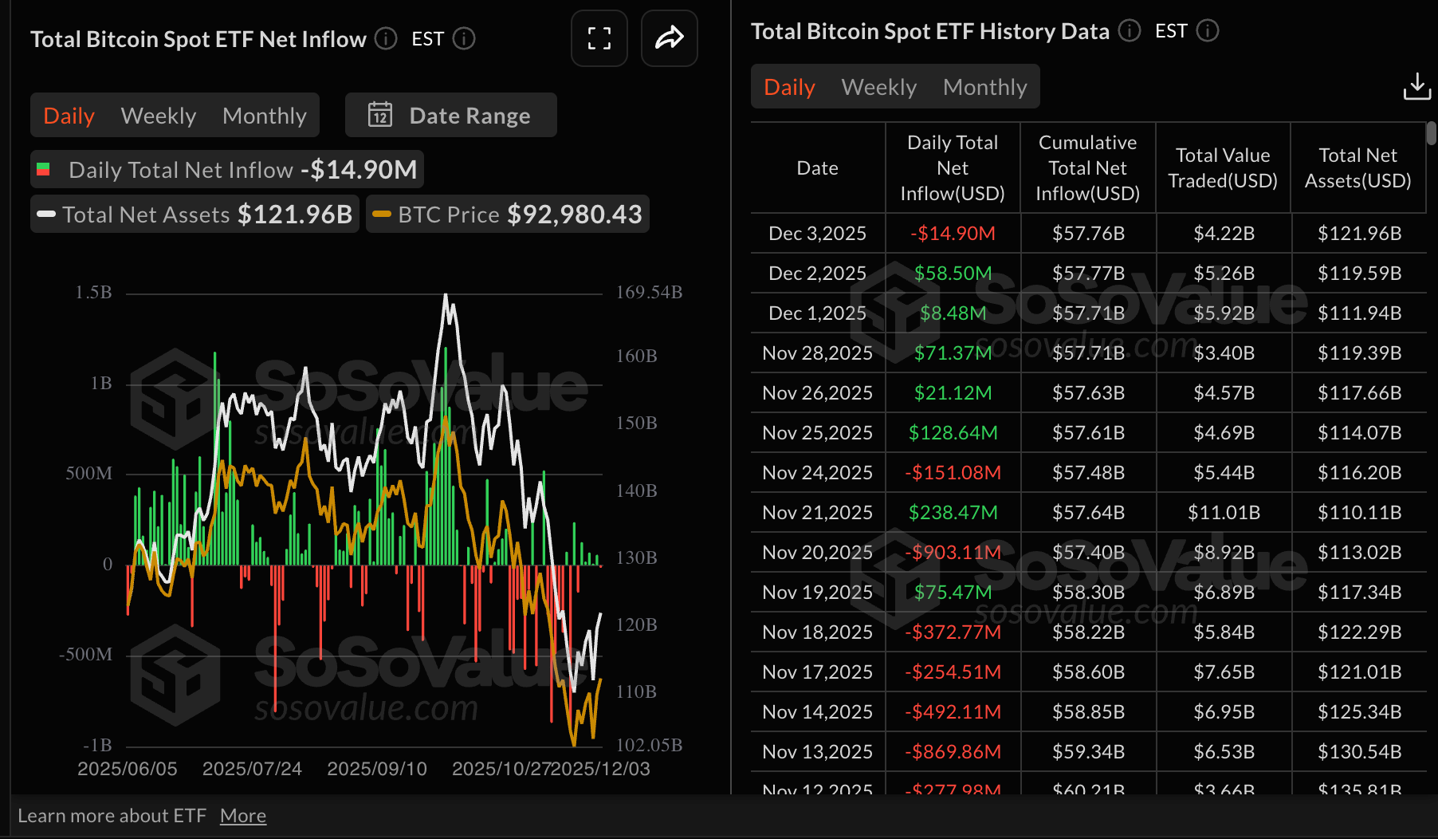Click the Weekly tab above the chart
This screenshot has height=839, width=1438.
158,116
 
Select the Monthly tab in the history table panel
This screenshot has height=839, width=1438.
984,87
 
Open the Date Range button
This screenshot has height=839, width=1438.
450,116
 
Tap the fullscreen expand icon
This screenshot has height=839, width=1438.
599,38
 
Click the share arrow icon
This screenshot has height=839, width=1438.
669,38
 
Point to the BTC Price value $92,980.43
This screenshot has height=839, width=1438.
574,215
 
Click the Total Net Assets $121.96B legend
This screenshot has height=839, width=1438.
195,215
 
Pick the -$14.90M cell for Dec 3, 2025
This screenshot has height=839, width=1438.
953,234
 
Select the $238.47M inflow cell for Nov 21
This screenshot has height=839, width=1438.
953,513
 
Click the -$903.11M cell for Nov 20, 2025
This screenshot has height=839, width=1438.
953,553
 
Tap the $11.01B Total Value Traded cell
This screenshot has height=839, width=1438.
1224,513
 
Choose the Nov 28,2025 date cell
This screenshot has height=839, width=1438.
817,353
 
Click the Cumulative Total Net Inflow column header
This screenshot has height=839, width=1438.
1087,167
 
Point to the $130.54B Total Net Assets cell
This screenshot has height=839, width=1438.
1359,752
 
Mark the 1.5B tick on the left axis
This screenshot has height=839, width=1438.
93,293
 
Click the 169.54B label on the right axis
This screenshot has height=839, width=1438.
649,293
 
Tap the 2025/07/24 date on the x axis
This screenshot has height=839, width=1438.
252,769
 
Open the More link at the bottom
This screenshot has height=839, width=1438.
243,816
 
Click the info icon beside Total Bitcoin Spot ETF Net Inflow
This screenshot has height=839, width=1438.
386,38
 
